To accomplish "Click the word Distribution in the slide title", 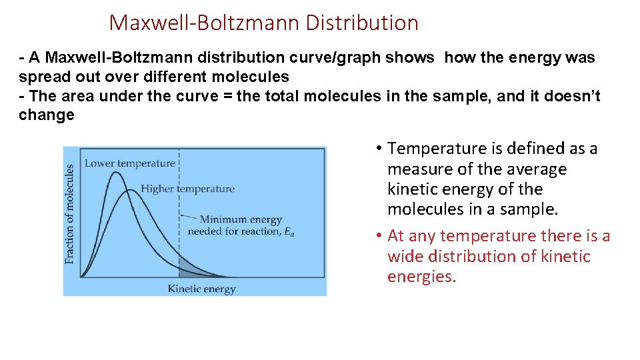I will (362, 23).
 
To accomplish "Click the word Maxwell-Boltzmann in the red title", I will (205, 23).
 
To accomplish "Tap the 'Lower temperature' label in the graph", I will (130, 163).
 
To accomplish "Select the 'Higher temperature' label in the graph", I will (188, 189).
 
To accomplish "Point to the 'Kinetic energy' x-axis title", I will (201, 289).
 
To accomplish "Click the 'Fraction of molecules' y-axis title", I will (70, 214).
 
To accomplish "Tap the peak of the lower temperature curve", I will (116, 173).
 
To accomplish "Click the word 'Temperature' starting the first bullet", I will (431, 148).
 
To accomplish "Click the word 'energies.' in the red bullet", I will (421, 276).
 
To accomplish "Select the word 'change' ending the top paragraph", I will (47, 115).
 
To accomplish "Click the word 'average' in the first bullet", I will (533, 169).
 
